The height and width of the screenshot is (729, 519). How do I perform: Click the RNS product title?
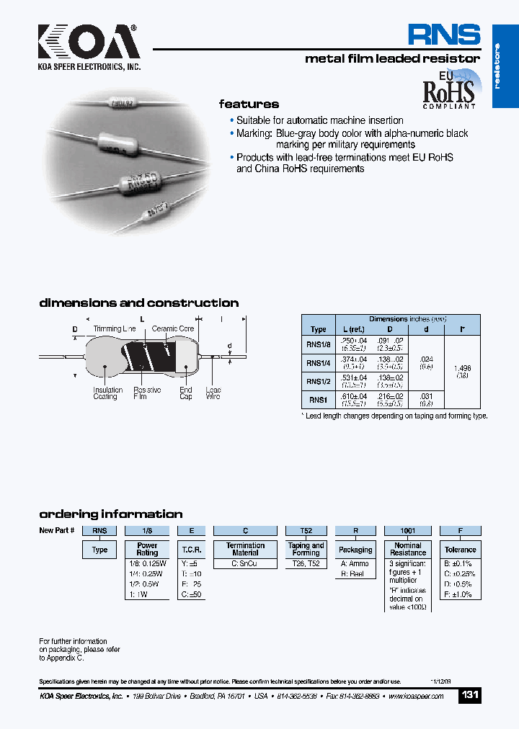pyautogui.click(x=443, y=35)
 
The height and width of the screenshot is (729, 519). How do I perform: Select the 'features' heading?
pyautogui.click(x=249, y=104)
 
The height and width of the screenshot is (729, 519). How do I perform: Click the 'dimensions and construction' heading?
pyautogui.click(x=138, y=303)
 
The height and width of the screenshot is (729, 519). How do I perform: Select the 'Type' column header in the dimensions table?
pyautogui.click(x=319, y=329)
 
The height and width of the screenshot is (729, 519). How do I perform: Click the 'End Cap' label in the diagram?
pyautogui.click(x=186, y=393)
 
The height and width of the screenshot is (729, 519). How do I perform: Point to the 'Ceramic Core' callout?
pyautogui.click(x=173, y=329)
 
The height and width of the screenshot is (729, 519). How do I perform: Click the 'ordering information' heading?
pyautogui.click(x=110, y=514)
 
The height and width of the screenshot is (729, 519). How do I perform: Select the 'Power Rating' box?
pyautogui.click(x=147, y=550)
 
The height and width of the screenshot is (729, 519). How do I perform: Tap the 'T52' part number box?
pyautogui.click(x=306, y=531)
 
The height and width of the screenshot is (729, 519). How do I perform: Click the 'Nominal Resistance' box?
pyautogui.click(x=408, y=550)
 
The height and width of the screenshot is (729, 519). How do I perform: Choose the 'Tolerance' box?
pyautogui.click(x=460, y=550)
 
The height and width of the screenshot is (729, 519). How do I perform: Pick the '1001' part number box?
pyautogui.click(x=408, y=531)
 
